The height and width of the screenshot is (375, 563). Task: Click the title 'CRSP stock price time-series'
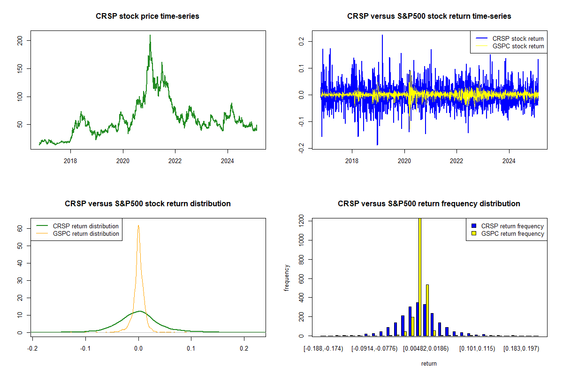(x=147, y=16)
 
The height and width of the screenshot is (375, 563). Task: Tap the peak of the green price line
(x=150, y=35)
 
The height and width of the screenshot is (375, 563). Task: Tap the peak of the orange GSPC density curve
(x=138, y=225)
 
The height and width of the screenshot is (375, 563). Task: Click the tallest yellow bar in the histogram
(x=419, y=277)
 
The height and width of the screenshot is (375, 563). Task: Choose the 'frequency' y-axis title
(x=287, y=277)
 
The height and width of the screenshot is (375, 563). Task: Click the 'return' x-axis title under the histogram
(x=429, y=363)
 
